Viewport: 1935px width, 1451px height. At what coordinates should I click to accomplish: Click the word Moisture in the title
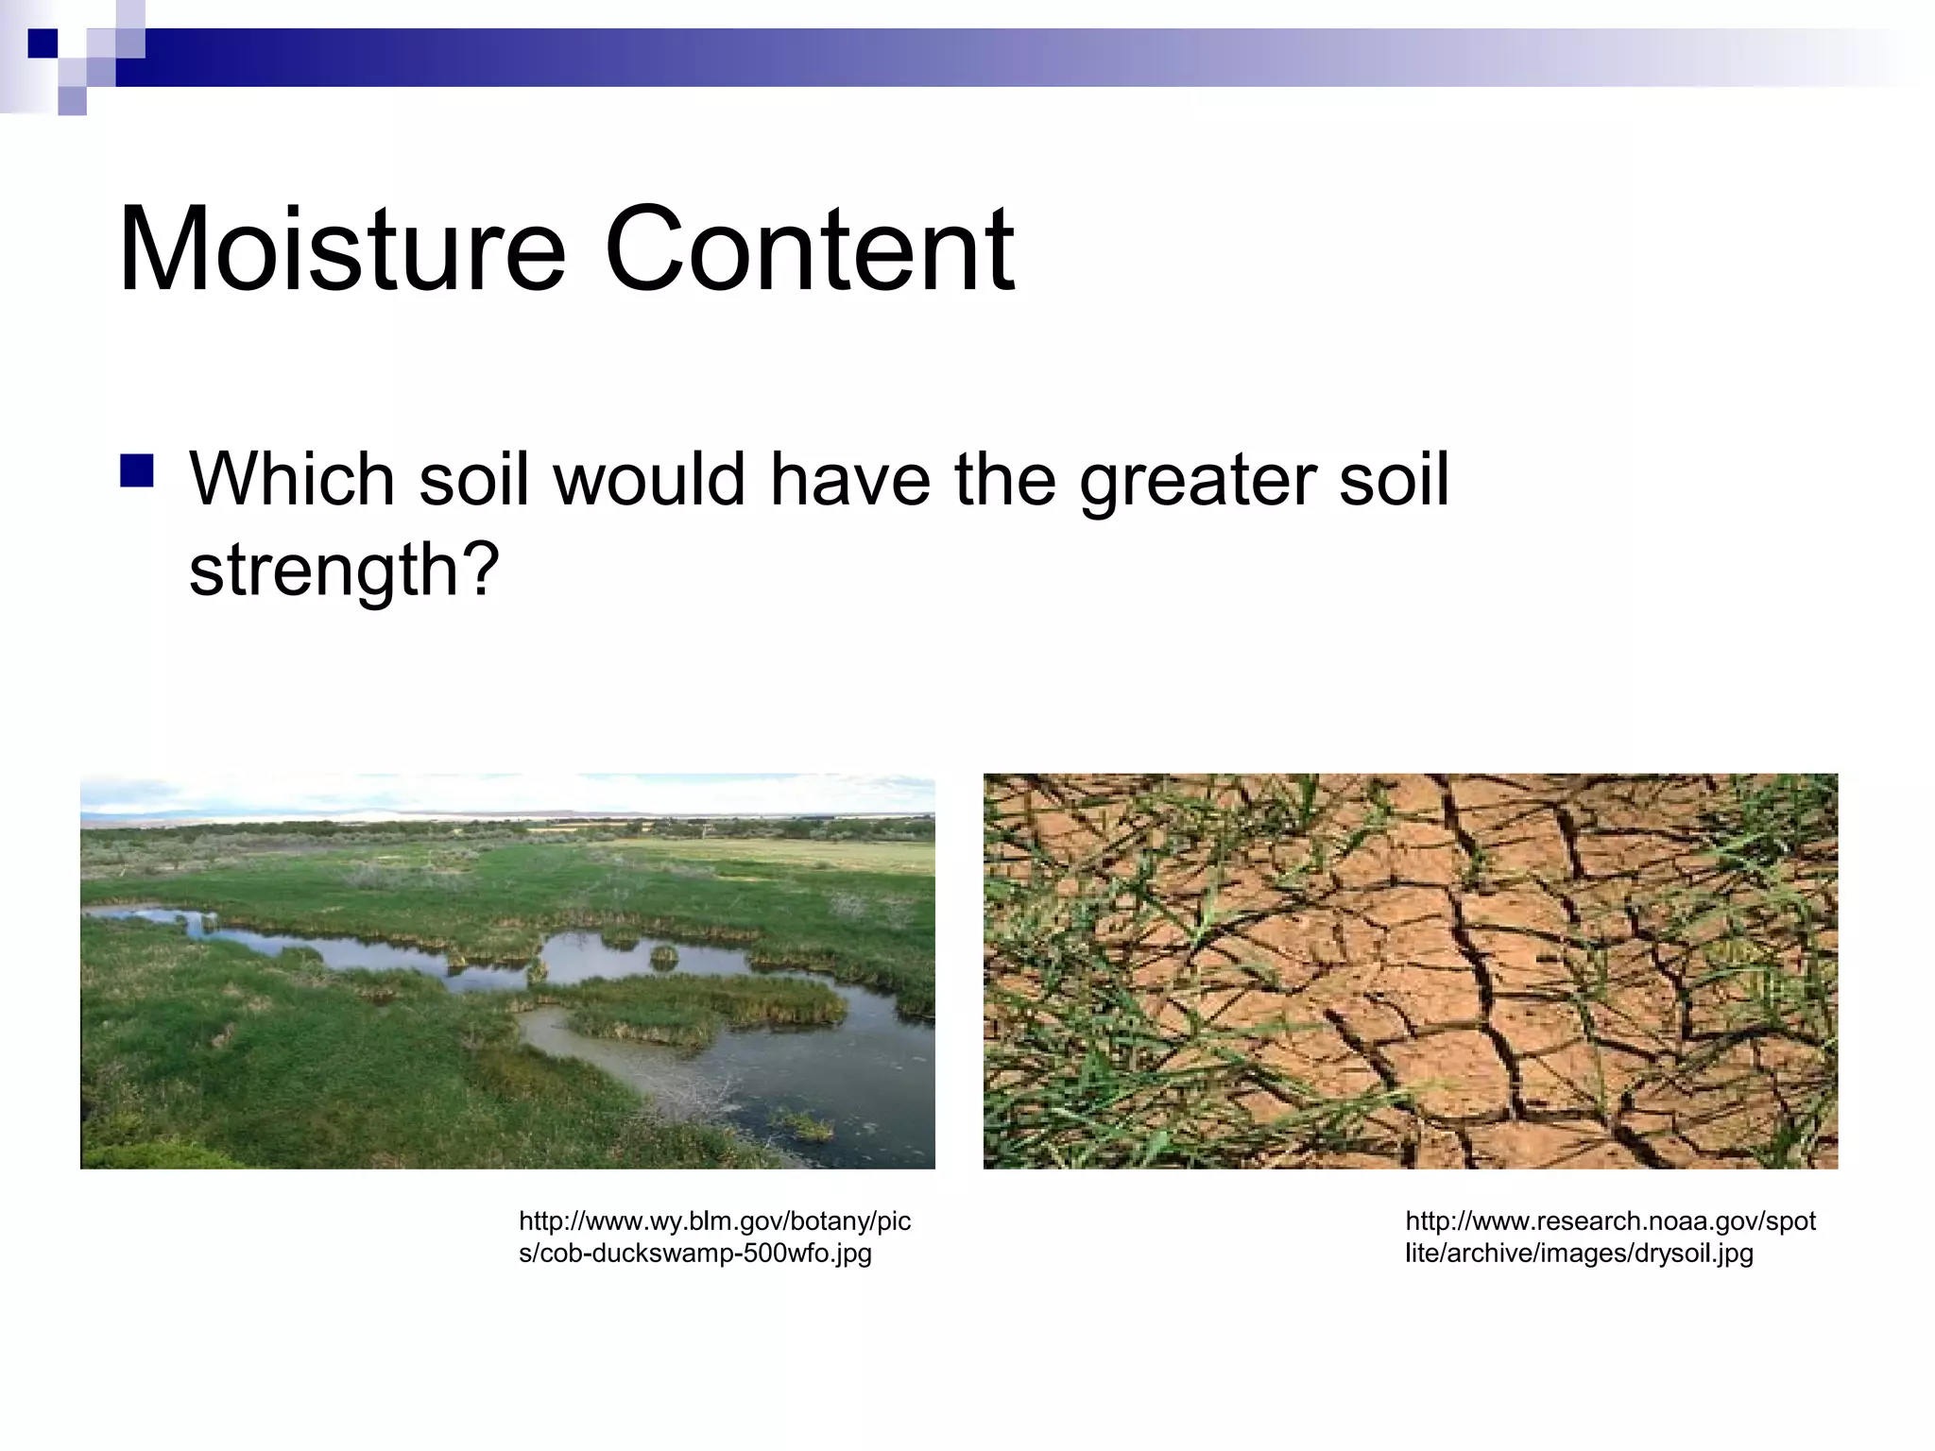[x=342, y=249]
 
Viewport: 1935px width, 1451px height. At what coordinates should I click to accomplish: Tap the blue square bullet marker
[x=137, y=470]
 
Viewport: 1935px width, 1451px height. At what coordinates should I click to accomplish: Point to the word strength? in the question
[x=343, y=570]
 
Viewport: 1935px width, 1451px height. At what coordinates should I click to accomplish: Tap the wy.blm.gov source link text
[x=714, y=1221]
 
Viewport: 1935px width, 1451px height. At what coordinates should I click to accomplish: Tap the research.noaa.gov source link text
[x=1610, y=1221]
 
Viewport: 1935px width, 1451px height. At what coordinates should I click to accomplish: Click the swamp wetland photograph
[x=507, y=971]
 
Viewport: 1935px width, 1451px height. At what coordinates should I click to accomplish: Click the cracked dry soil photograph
[x=1410, y=971]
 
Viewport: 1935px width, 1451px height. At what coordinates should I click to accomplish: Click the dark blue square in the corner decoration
[x=43, y=43]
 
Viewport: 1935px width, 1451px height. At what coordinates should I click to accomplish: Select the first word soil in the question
[x=472, y=479]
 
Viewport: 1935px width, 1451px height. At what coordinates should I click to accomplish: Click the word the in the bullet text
[x=1004, y=479]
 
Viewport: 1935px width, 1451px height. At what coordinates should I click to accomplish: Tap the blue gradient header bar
[x=945, y=57]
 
